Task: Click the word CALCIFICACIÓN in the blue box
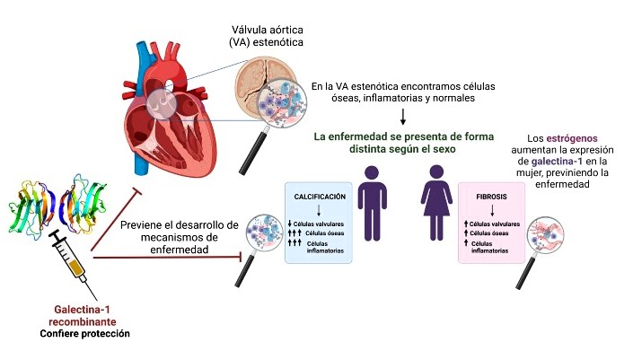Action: click(319, 195)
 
